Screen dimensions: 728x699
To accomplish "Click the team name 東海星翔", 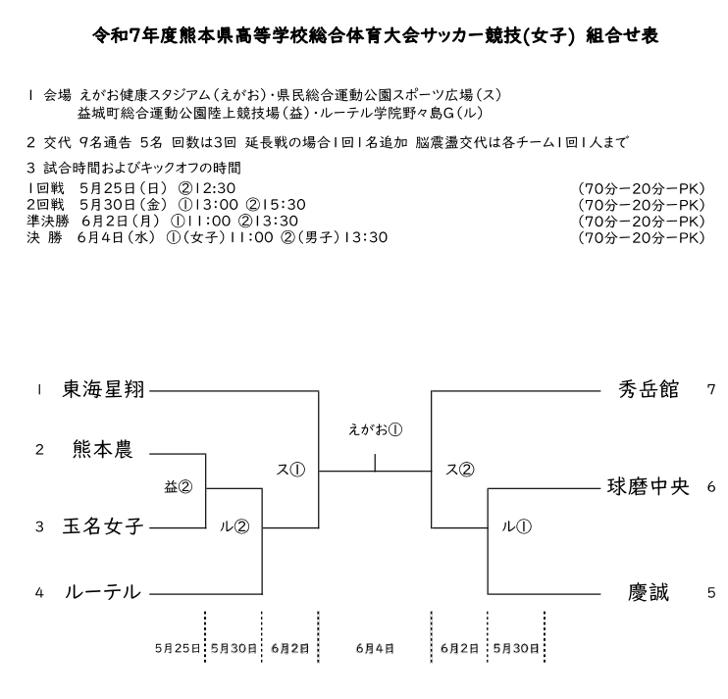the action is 104,389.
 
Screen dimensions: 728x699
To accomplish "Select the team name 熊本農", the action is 103,449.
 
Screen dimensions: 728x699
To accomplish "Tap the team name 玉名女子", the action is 103,526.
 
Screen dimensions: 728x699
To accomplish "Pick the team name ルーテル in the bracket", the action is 103,592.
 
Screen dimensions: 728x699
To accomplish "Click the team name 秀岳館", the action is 649,389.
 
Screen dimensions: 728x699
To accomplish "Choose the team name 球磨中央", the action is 649,487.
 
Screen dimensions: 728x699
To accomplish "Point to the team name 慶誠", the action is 649,592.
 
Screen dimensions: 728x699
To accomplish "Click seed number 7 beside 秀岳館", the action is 711,389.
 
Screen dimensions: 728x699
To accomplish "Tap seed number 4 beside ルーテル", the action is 39,593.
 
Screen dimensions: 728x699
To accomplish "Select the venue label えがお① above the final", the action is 375,430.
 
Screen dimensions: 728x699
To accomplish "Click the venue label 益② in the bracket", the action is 179,487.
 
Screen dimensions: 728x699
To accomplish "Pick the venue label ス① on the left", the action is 290,470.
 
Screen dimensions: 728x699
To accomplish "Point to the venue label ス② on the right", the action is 459,470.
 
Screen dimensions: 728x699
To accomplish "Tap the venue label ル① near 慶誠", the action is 516,526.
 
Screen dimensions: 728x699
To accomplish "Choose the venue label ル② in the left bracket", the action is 234,526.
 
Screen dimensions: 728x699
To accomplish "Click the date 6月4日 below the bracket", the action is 375,648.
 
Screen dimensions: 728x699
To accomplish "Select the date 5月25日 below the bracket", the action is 178,648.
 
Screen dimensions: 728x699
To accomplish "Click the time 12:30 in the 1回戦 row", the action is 215,188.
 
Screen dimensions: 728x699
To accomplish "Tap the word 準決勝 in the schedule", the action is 48,221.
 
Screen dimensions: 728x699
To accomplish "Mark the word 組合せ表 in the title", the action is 622,35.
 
